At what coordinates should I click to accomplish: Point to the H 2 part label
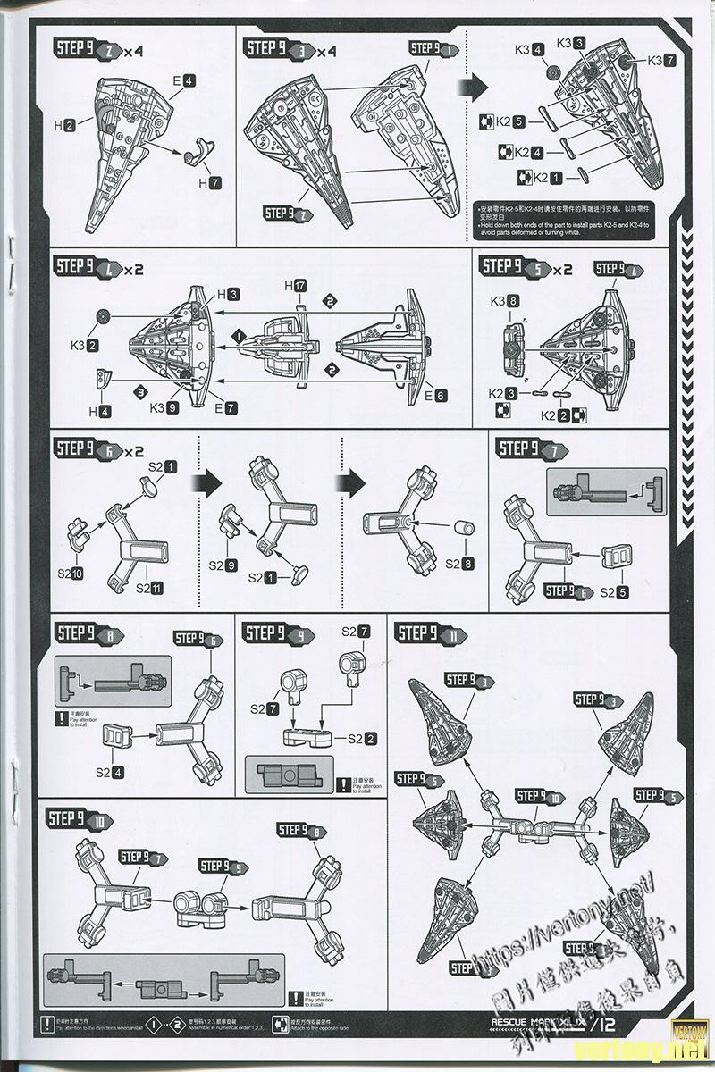coord(63,127)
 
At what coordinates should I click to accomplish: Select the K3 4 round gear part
coord(554,71)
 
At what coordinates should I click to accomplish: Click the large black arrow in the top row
coord(476,86)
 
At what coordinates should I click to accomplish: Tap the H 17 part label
coord(295,286)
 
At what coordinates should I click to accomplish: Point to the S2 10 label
coord(71,573)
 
